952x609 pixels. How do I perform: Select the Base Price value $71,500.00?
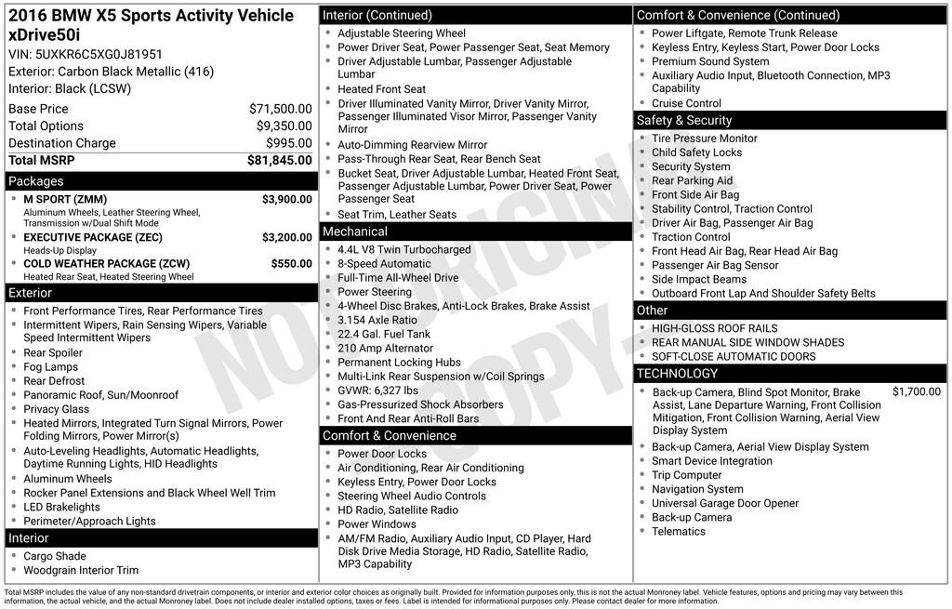coord(280,109)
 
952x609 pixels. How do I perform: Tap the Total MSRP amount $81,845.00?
coord(279,160)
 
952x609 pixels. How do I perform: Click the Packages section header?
coord(36,181)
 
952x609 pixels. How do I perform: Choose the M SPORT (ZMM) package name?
coord(65,199)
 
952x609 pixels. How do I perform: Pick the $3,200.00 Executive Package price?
coord(286,237)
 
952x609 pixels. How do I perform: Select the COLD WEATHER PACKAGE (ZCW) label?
coord(106,263)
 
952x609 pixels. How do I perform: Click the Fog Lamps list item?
coord(51,367)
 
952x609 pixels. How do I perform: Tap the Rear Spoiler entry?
coord(53,353)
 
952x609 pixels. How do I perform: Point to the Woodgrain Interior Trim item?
coord(81,570)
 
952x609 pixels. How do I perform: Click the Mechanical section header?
coord(355,232)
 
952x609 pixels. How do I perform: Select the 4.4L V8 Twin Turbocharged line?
coord(404,250)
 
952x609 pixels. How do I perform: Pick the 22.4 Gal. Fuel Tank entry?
coord(384,334)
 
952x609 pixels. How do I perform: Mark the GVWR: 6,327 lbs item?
coord(377,391)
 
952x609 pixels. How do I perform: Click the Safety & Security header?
coord(684,121)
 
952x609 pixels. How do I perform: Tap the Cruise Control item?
coord(686,103)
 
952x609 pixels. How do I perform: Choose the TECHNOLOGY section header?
coord(677,374)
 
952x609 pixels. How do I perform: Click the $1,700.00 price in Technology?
coord(916,392)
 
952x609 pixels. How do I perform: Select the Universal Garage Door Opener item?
coord(725,503)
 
